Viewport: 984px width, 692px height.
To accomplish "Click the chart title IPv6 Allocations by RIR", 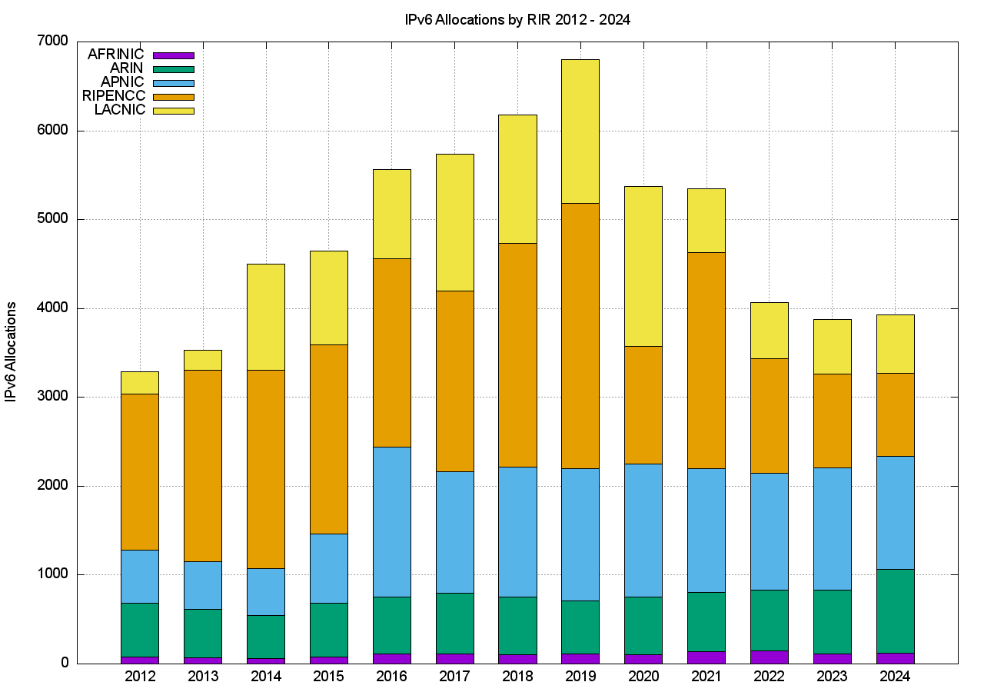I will tap(517, 20).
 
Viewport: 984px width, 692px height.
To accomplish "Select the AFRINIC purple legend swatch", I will tap(174, 55).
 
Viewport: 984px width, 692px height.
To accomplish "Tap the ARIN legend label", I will tap(127, 68).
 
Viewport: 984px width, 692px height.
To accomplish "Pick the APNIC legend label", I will tap(123, 82).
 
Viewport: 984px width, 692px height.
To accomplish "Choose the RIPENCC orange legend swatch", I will tap(174, 97).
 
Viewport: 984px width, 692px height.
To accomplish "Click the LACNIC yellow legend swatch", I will tap(174, 111).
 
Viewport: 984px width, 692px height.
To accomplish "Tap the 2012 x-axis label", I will tap(140, 677).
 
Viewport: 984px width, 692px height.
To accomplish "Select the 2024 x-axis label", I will tap(895, 677).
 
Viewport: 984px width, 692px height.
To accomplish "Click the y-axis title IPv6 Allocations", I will tap(12, 351).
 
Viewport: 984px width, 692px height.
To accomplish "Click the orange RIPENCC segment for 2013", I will tap(203, 465).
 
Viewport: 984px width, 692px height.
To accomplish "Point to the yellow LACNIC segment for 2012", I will tap(140, 383).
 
